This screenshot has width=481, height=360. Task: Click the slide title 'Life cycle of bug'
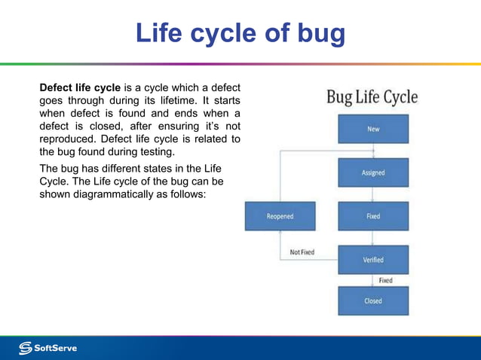[240, 34]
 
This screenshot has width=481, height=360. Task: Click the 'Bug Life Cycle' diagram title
[372, 97]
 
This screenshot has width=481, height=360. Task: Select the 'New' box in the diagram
[372, 129]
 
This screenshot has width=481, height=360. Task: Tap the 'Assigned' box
[372, 172]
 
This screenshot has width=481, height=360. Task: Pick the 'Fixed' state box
[372, 216]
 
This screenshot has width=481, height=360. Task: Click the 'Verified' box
[372, 260]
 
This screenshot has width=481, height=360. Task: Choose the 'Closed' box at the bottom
[372, 301]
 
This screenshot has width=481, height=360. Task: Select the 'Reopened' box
[280, 216]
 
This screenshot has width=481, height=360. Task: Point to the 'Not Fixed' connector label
[302, 252]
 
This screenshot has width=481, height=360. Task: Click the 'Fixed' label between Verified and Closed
[385, 280]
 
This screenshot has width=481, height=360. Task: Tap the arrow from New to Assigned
[372, 151]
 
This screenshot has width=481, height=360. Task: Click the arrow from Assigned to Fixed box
[372, 194]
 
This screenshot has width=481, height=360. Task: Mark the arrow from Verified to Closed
[372, 280]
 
